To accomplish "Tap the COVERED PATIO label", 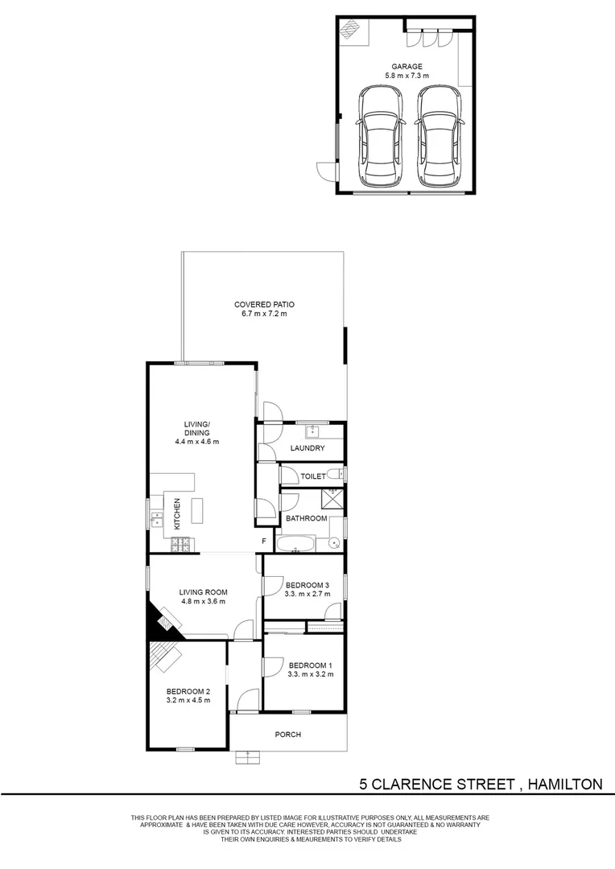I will pyautogui.click(x=264, y=304).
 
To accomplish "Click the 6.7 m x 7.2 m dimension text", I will pyautogui.click(x=264, y=314).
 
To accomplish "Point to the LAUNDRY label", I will pyautogui.click(x=307, y=448).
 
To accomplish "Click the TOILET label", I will pyautogui.click(x=313, y=476).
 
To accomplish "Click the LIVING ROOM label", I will pyautogui.click(x=202, y=591).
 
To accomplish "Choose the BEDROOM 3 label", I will pyautogui.click(x=308, y=585).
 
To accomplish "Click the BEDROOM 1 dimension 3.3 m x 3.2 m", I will pyautogui.click(x=310, y=674).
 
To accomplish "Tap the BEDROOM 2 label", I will pyautogui.click(x=188, y=691).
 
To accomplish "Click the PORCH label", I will pyautogui.click(x=287, y=734).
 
